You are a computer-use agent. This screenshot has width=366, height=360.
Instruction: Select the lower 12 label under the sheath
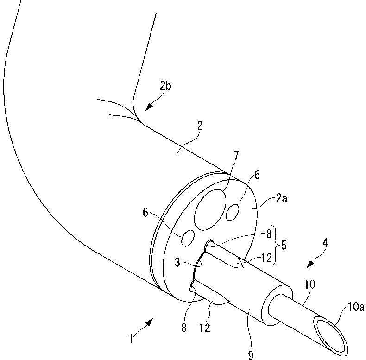click(x=204, y=328)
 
